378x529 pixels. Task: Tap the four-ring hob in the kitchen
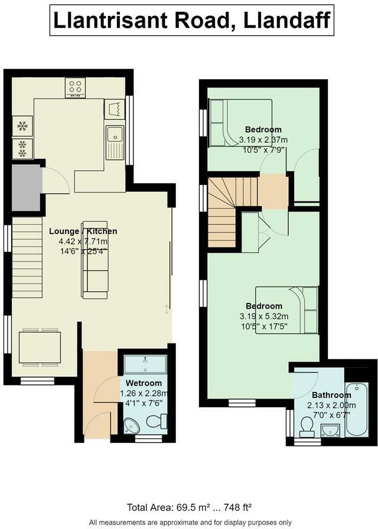tap(76, 87)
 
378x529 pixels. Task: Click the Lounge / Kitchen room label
tap(83, 231)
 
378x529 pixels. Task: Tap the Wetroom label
tap(144, 383)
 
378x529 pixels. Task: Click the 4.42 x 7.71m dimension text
tap(83, 241)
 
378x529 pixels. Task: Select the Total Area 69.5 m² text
tap(189, 507)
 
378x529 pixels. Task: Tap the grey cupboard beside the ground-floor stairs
tap(24, 188)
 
